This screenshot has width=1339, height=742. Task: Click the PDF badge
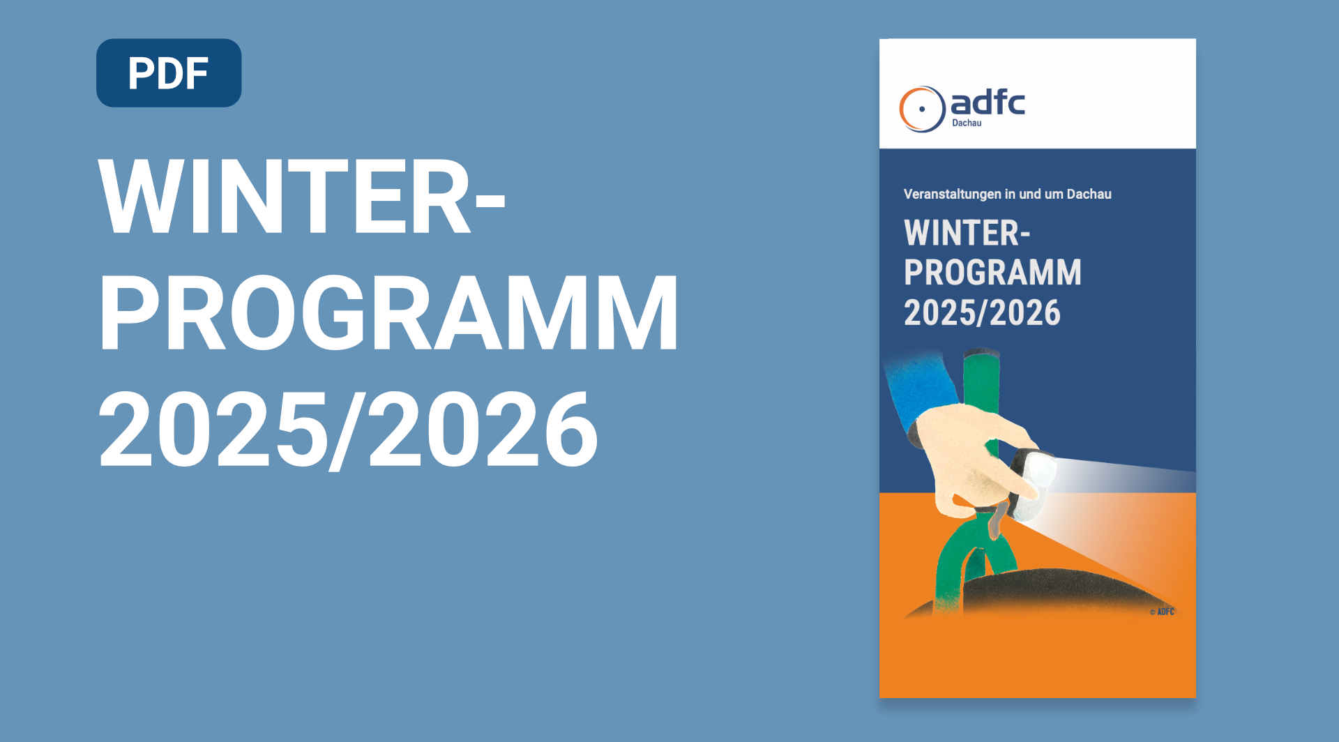pos(169,73)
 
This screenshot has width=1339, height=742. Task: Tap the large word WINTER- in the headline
pos(302,197)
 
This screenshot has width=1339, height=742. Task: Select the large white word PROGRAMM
pos(388,313)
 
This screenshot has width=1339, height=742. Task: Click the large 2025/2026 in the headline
pos(348,429)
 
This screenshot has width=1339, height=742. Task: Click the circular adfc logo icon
pos(922,109)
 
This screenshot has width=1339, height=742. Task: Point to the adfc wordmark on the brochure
pos(988,103)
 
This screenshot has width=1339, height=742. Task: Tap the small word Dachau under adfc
pos(967,123)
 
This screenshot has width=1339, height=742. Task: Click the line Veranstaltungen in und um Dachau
pos(1007,194)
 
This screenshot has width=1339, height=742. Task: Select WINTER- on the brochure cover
pos(967,233)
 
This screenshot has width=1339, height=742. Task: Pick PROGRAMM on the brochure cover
pos(992,272)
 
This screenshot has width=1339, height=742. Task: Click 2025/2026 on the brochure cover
pos(982,312)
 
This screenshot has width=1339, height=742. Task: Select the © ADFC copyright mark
pos(1162,612)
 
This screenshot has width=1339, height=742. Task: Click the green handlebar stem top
pos(982,377)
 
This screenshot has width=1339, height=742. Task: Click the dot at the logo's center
pos(922,109)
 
